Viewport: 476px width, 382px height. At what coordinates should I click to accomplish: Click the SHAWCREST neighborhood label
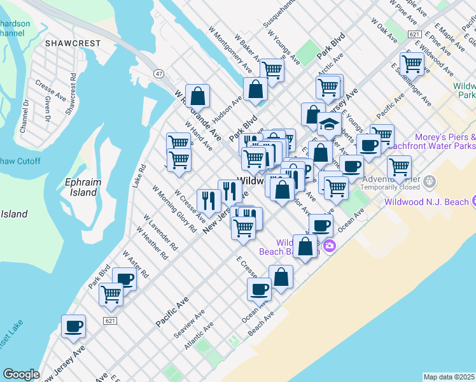tap(73, 43)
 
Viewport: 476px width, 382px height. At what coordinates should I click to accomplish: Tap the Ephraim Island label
tap(83, 188)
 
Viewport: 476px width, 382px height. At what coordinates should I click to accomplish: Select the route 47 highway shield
tap(158, 74)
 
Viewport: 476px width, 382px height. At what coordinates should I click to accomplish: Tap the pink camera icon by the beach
tap(329, 246)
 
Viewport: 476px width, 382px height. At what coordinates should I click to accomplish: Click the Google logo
tap(21, 374)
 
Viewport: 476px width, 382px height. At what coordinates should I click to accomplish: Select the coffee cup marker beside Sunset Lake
tap(73, 327)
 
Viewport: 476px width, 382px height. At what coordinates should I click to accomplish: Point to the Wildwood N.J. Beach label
tap(426, 202)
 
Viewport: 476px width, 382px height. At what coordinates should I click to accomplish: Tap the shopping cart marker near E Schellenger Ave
tap(412, 63)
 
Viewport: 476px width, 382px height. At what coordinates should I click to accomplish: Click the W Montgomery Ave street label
tap(230, 50)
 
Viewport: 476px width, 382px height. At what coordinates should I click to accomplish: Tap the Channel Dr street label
tap(25, 115)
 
